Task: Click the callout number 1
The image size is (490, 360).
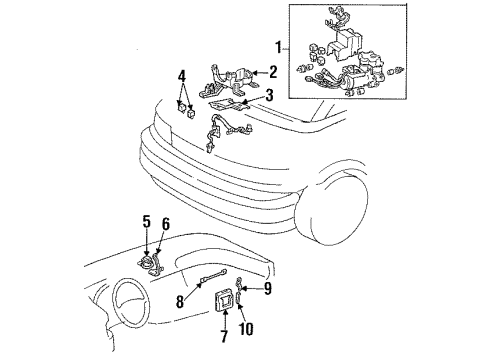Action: (278, 48)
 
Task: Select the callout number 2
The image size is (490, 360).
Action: (273, 72)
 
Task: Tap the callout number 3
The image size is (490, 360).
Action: (269, 95)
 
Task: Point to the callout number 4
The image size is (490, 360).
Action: (182, 76)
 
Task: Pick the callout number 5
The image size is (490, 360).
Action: (147, 222)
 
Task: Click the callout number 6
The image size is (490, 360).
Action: (166, 224)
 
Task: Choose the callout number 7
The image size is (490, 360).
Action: (224, 336)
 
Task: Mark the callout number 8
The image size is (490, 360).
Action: (180, 302)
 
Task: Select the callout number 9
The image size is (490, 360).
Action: (268, 289)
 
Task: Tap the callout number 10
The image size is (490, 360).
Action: (246, 328)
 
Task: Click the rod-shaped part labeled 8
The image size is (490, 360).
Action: (212, 277)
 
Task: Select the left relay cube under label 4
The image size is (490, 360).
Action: (182, 107)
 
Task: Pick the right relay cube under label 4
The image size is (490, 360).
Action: (191, 112)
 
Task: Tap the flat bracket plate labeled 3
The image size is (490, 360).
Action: (229, 106)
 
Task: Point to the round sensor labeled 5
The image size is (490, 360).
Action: (146, 261)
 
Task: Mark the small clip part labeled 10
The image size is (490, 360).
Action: (238, 297)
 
